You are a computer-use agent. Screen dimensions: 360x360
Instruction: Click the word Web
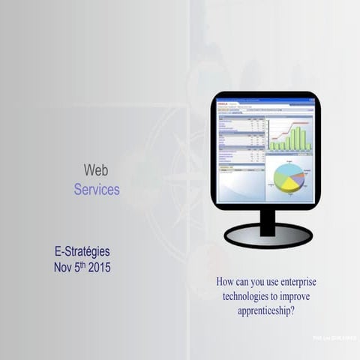pos(96,170)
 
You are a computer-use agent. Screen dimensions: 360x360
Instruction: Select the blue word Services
pos(97,190)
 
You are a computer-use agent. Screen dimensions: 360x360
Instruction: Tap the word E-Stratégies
pos(82,251)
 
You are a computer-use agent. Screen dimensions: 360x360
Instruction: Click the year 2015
pos(99,267)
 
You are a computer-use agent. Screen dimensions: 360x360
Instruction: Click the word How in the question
pos(226,283)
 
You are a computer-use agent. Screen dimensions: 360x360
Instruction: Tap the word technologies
pos(248,295)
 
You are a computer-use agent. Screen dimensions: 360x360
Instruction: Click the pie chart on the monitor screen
pos(289,178)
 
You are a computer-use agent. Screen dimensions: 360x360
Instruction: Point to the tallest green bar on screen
pos(298,138)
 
